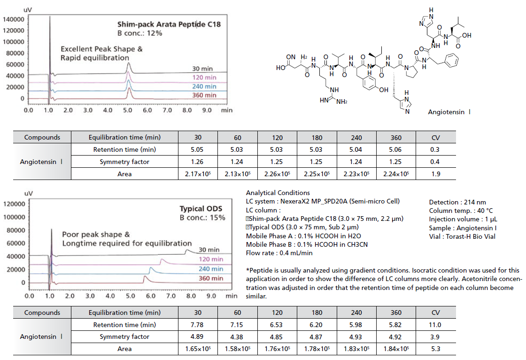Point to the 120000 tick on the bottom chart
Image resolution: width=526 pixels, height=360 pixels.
pyautogui.click(x=14, y=205)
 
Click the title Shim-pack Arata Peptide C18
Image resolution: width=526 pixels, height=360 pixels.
pyautogui.click(x=169, y=23)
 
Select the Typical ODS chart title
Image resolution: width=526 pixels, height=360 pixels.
pyautogui.click(x=201, y=209)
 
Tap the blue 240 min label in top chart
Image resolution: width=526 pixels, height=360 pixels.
pyautogui.click(x=204, y=86)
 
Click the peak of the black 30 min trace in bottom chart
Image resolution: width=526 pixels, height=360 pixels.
pyautogui.click(x=187, y=250)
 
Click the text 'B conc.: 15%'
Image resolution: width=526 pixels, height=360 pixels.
pyautogui.click(x=202, y=218)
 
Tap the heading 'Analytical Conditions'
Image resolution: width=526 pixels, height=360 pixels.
pyautogui.click(x=278, y=193)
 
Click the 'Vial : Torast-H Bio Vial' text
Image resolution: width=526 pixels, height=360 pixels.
pyautogui.click(x=462, y=236)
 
